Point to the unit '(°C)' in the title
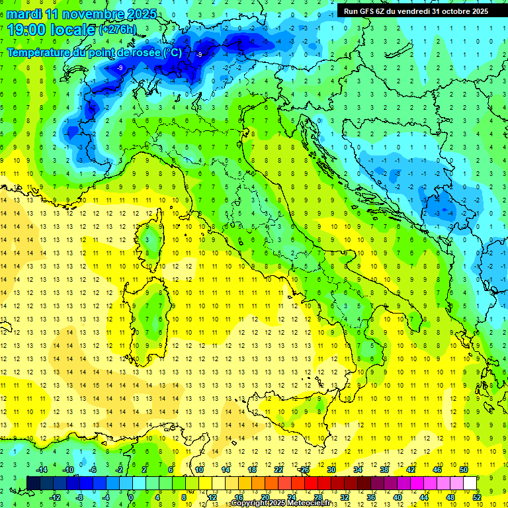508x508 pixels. (173, 52)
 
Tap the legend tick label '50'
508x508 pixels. (463, 470)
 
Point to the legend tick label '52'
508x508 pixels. (477, 497)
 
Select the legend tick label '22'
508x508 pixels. (278, 470)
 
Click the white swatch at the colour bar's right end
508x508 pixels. (470, 483)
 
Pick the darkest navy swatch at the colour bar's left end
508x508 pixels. (33, 483)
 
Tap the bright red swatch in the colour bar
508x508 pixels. (311, 483)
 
